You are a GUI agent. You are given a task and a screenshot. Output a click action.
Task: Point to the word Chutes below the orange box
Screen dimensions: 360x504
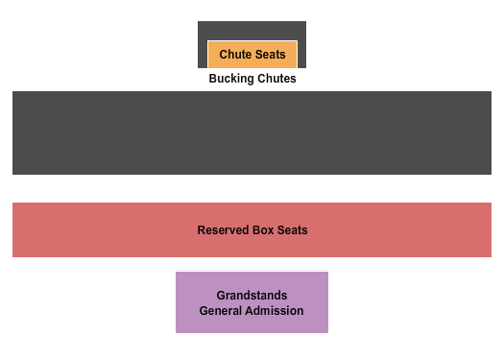276,79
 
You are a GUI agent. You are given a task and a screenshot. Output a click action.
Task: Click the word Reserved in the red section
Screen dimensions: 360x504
223,230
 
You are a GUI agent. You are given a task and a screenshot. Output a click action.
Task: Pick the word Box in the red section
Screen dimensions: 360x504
263,230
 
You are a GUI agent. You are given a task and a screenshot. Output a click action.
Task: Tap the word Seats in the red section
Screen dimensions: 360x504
292,230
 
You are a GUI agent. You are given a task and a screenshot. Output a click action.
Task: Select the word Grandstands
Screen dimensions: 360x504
252,296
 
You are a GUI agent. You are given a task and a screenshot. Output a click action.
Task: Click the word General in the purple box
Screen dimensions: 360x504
221,311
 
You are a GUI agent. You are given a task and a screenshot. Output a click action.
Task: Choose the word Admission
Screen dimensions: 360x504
275,311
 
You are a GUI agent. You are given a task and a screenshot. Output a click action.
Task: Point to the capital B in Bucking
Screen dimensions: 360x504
213,79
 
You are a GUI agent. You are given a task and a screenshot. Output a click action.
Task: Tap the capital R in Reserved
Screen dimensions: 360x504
202,230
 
